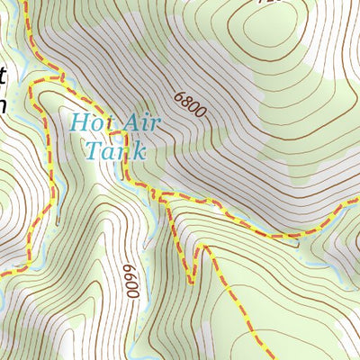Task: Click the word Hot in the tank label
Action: (x=87, y=121)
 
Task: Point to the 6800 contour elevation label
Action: (x=190, y=105)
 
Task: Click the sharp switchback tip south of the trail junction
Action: (x=191, y=283)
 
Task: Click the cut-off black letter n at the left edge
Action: (x=3, y=104)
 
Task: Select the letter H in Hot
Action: (x=77, y=121)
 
